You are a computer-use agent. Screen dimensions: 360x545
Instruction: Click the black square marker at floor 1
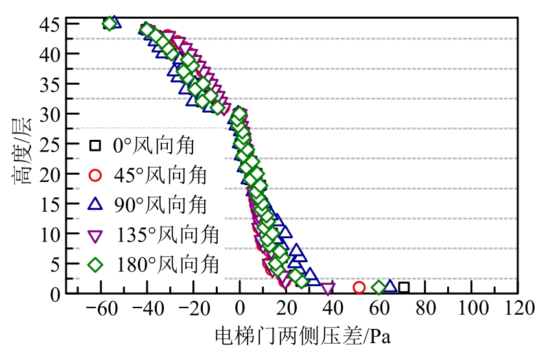(x=404, y=287)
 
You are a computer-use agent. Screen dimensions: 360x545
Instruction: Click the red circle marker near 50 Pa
(x=359, y=287)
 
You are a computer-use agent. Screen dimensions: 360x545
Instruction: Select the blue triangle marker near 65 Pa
(x=390, y=286)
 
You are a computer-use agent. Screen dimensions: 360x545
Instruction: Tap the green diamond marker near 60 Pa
(x=379, y=287)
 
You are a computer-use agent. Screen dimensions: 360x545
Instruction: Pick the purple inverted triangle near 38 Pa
(x=328, y=289)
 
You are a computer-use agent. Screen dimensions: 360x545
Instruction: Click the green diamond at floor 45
(x=110, y=24)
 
